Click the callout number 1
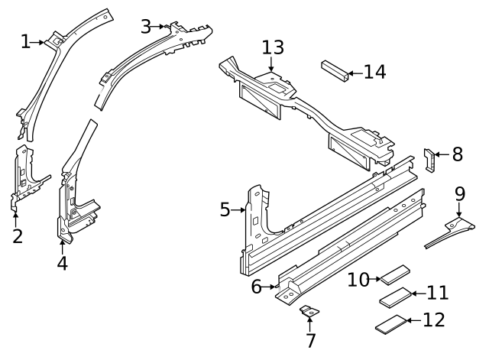coord(25,41)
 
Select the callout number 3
coord(145,26)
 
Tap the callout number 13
coord(273,47)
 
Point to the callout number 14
coord(374,73)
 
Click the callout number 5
coord(225,209)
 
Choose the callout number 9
coord(460,193)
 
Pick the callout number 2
coord(17,235)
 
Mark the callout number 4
coord(62,263)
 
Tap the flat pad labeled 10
coord(396,276)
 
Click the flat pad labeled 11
coord(396,297)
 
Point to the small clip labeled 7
coord(309,312)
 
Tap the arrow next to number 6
coord(274,287)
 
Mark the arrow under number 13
coord(273,66)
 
